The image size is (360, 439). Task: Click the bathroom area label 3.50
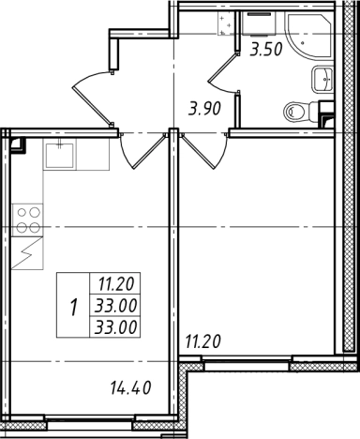pyautogui.click(x=266, y=50)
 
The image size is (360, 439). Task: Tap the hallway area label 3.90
pyautogui.click(x=204, y=109)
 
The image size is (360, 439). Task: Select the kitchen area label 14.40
pyautogui.click(x=131, y=387)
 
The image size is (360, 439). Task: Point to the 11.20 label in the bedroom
pyautogui.click(x=203, y=341)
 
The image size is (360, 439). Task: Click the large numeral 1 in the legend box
pyautogui.click(x=73, y=307)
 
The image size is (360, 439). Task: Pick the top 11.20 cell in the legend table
pyautogui.click(x=116, y=284)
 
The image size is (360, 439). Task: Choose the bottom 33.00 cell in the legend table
pyautogui.click(x=116, y=327)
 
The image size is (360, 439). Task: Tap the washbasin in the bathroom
pyautogui.click(x=322, y=80)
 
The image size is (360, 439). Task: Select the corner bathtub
pyautogui.click(x=309, y=36)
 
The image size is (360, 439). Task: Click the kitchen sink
pyautogui.click(x=60, y=156)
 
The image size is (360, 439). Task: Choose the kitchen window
pyautogui.click(x=90, y=421)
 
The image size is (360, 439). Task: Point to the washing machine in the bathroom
pyautogui.click(x=259, y=23)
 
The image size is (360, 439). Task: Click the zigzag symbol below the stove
pyautogui.click(x=27, y=252)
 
